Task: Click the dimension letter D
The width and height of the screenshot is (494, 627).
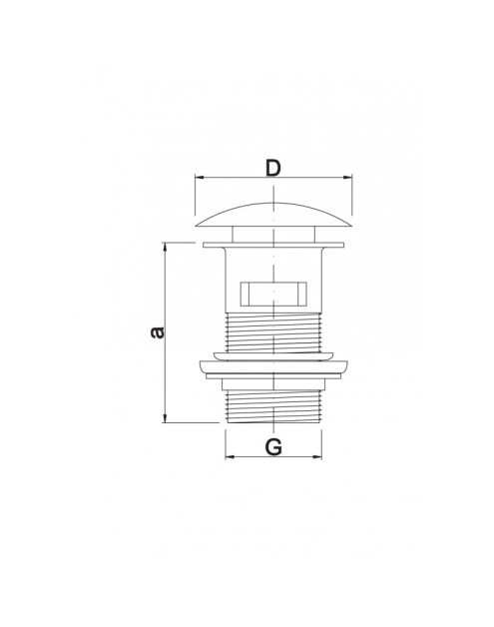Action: pos(273,169)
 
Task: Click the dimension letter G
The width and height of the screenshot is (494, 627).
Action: pos(273,446)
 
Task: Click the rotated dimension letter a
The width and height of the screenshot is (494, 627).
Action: pos(157,332)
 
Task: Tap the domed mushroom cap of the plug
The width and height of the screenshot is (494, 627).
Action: pos(273,215)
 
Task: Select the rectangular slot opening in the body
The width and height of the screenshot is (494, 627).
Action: pos(273,294)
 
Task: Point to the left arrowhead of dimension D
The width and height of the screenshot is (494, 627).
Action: pos(199,177)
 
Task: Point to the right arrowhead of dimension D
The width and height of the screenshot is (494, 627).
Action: pos(347,177)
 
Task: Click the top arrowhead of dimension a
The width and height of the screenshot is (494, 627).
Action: pos(165,247)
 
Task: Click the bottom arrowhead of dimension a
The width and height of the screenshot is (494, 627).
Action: pos(165,418)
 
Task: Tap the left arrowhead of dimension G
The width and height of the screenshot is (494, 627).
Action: pos(230,456)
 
